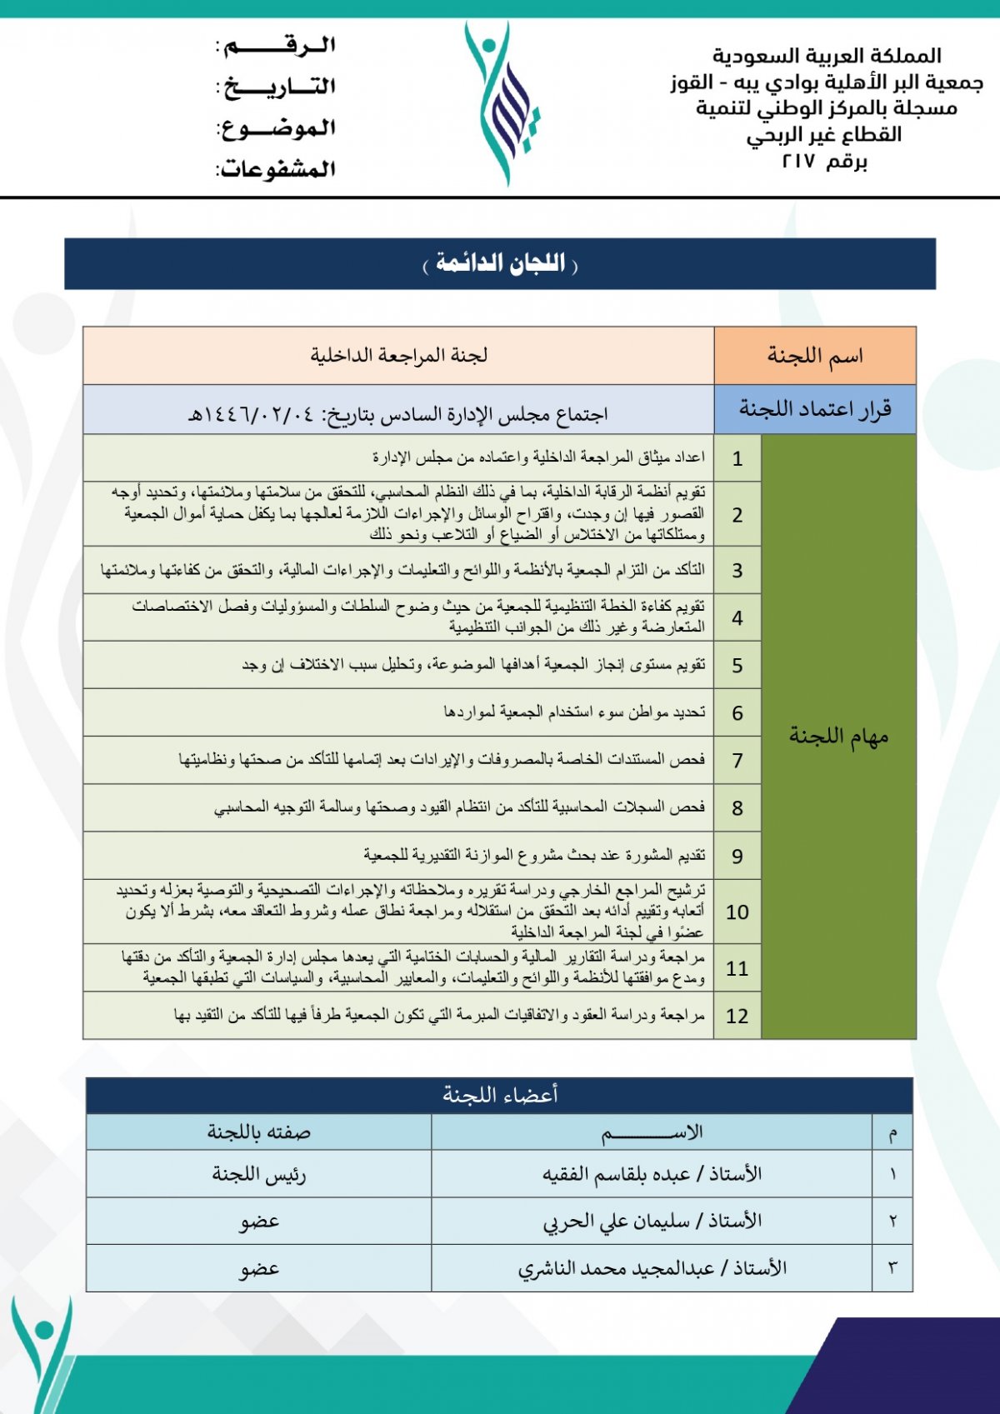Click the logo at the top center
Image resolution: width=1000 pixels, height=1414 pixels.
(x=502, y=102)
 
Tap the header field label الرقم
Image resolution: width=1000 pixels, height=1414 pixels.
(x=277, y=46)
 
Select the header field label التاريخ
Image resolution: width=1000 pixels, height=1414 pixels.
(x=277, y=87)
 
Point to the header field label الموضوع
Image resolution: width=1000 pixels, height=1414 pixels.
(x=277, y=128)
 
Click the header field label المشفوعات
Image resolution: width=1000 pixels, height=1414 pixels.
(x=277, y=169)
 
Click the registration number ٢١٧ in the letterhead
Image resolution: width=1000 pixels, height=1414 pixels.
(x=798, y=162)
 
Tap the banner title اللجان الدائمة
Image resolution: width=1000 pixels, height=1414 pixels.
(x=500, y=264)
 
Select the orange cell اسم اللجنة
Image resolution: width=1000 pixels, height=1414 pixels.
(x=815, y=356)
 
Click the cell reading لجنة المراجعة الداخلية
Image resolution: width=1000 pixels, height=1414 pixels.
(x=398, y=356)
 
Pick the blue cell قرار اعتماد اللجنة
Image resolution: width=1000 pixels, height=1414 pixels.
(x=815, y=409)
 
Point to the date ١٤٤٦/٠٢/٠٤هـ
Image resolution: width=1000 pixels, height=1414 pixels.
(x=250, y=414)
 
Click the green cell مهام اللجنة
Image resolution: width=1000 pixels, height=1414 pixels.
(x=838, y=736)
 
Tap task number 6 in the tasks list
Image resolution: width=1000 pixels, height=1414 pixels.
(x=737, y=713)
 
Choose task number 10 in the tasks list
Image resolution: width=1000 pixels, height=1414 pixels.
(x=737, y=912)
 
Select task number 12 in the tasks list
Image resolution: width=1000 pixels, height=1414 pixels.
(x=737, y=1016)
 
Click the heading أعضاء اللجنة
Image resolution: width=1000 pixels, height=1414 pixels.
(x=500, y=1095)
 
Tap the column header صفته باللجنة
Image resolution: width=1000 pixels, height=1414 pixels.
(x=258, y=1132)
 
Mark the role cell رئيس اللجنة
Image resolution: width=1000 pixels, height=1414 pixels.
(x=258, y=1174)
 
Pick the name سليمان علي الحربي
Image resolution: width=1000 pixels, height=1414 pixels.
(x=617, y=1222)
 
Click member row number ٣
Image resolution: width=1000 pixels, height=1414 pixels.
(x=892, y=1268)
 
